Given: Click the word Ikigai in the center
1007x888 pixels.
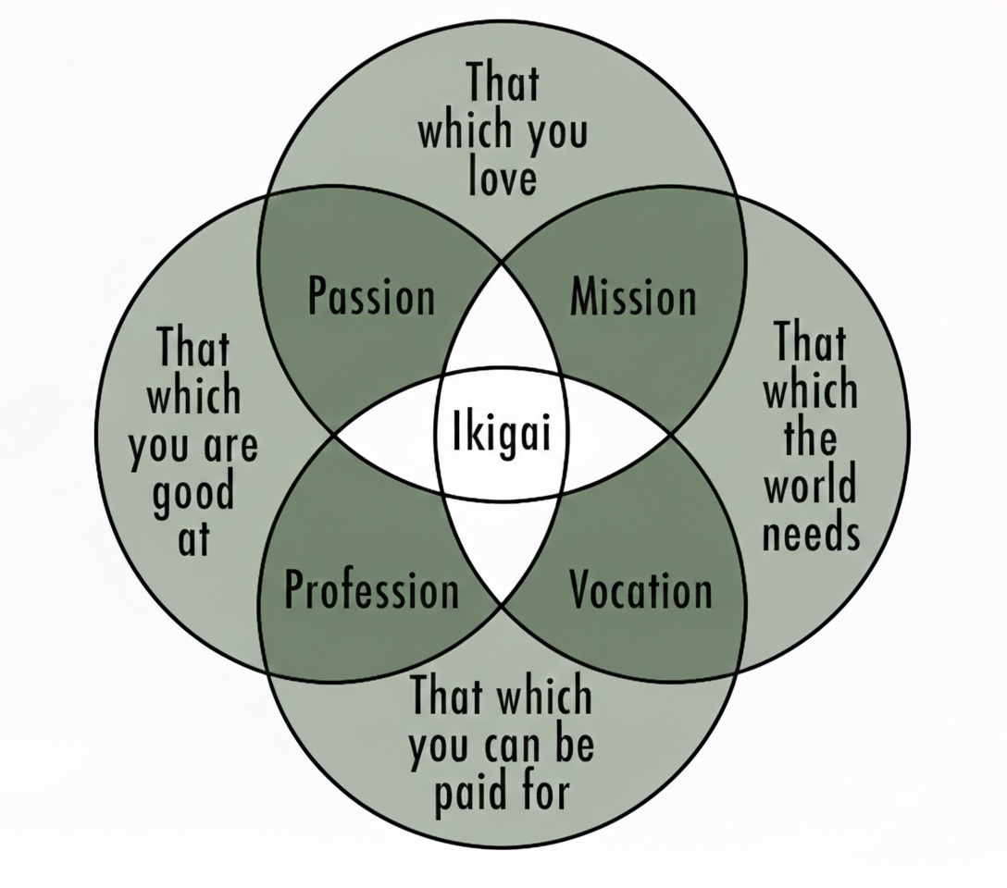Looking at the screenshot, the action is pyautogui.click(x=501, y=433).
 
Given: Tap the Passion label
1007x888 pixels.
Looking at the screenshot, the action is pyautogui.click(x=371, y=297).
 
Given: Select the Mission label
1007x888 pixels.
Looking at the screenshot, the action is pyautogui.click(x=633, y=297).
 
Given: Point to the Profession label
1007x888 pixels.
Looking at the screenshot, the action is pyautogui.click(x=371, y=589).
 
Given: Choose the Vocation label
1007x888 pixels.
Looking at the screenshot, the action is pyautogui.click(x=640, y=589).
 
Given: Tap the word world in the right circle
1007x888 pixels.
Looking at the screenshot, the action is pyautogui.click(x=810, y=485).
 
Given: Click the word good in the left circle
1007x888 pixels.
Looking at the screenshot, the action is pyautogui.click(x=193, y=495).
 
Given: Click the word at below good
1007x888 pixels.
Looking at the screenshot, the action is pyautogui.click(x=193, y=538).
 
